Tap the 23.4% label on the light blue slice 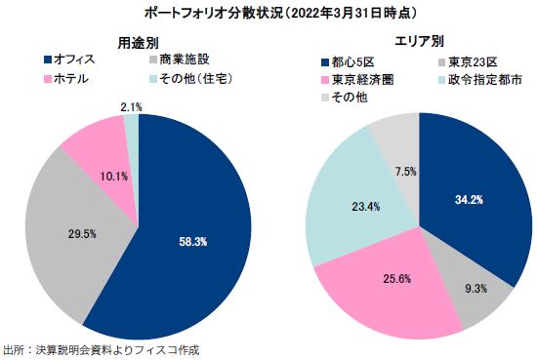pyautogui.click(x=338, y=207)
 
